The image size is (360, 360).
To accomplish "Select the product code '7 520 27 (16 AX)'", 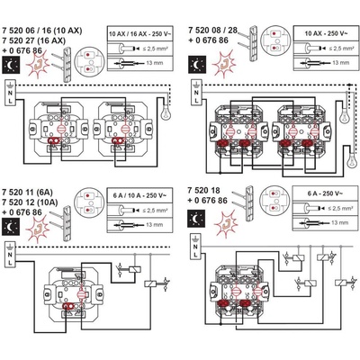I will [38, 28].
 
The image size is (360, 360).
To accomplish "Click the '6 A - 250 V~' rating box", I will [314, 195].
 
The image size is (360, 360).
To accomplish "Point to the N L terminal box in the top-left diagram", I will [10, 91].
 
